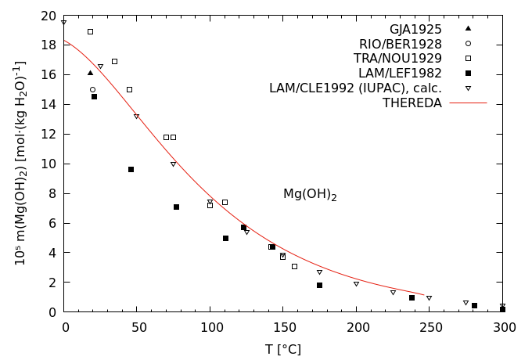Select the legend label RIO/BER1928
click(401, 44)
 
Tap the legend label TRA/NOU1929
click(400, 59)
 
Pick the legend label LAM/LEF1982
click(402, 74)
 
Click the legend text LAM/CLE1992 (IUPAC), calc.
click(355, 88)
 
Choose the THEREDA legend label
click(412, 103)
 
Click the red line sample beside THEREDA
click(468, 103)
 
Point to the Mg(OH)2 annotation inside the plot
click(310, 194)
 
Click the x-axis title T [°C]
click(283, 349)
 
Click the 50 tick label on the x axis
click(138, 327)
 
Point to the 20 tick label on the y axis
click(49, 16)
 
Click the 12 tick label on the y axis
click(49, 135)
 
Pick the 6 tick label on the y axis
click(52, 223)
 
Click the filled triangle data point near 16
click(90, 73)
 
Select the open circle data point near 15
click(92, 89)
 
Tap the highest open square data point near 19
click(90, 31)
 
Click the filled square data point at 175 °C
click(319, 285)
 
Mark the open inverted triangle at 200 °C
click(356, 284)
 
